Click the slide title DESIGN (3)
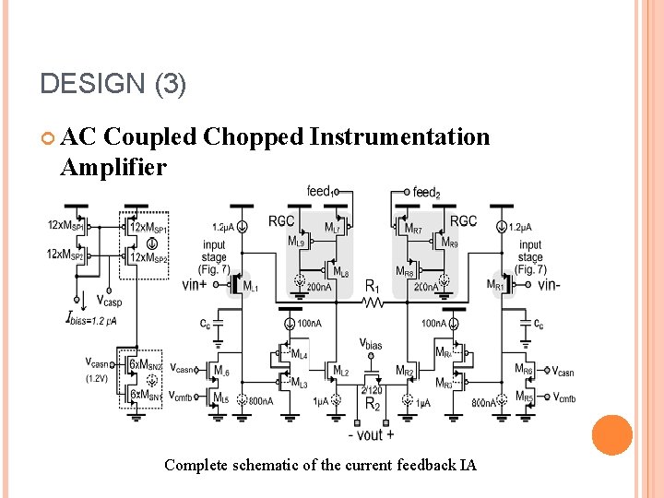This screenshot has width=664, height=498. (x=113, y=85)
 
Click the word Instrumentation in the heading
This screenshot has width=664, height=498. (x=400, y=136)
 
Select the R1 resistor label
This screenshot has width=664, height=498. (x=373, y=287)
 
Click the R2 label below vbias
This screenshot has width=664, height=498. (x=372, y=405)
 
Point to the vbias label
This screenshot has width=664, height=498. (x=371, y=344)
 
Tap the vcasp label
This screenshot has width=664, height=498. (x=109, y=302)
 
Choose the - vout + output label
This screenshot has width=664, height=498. (x=371, y=434)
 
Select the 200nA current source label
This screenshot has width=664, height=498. (x=319, y=288)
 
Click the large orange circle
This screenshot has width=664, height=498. (x=611, y=435)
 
